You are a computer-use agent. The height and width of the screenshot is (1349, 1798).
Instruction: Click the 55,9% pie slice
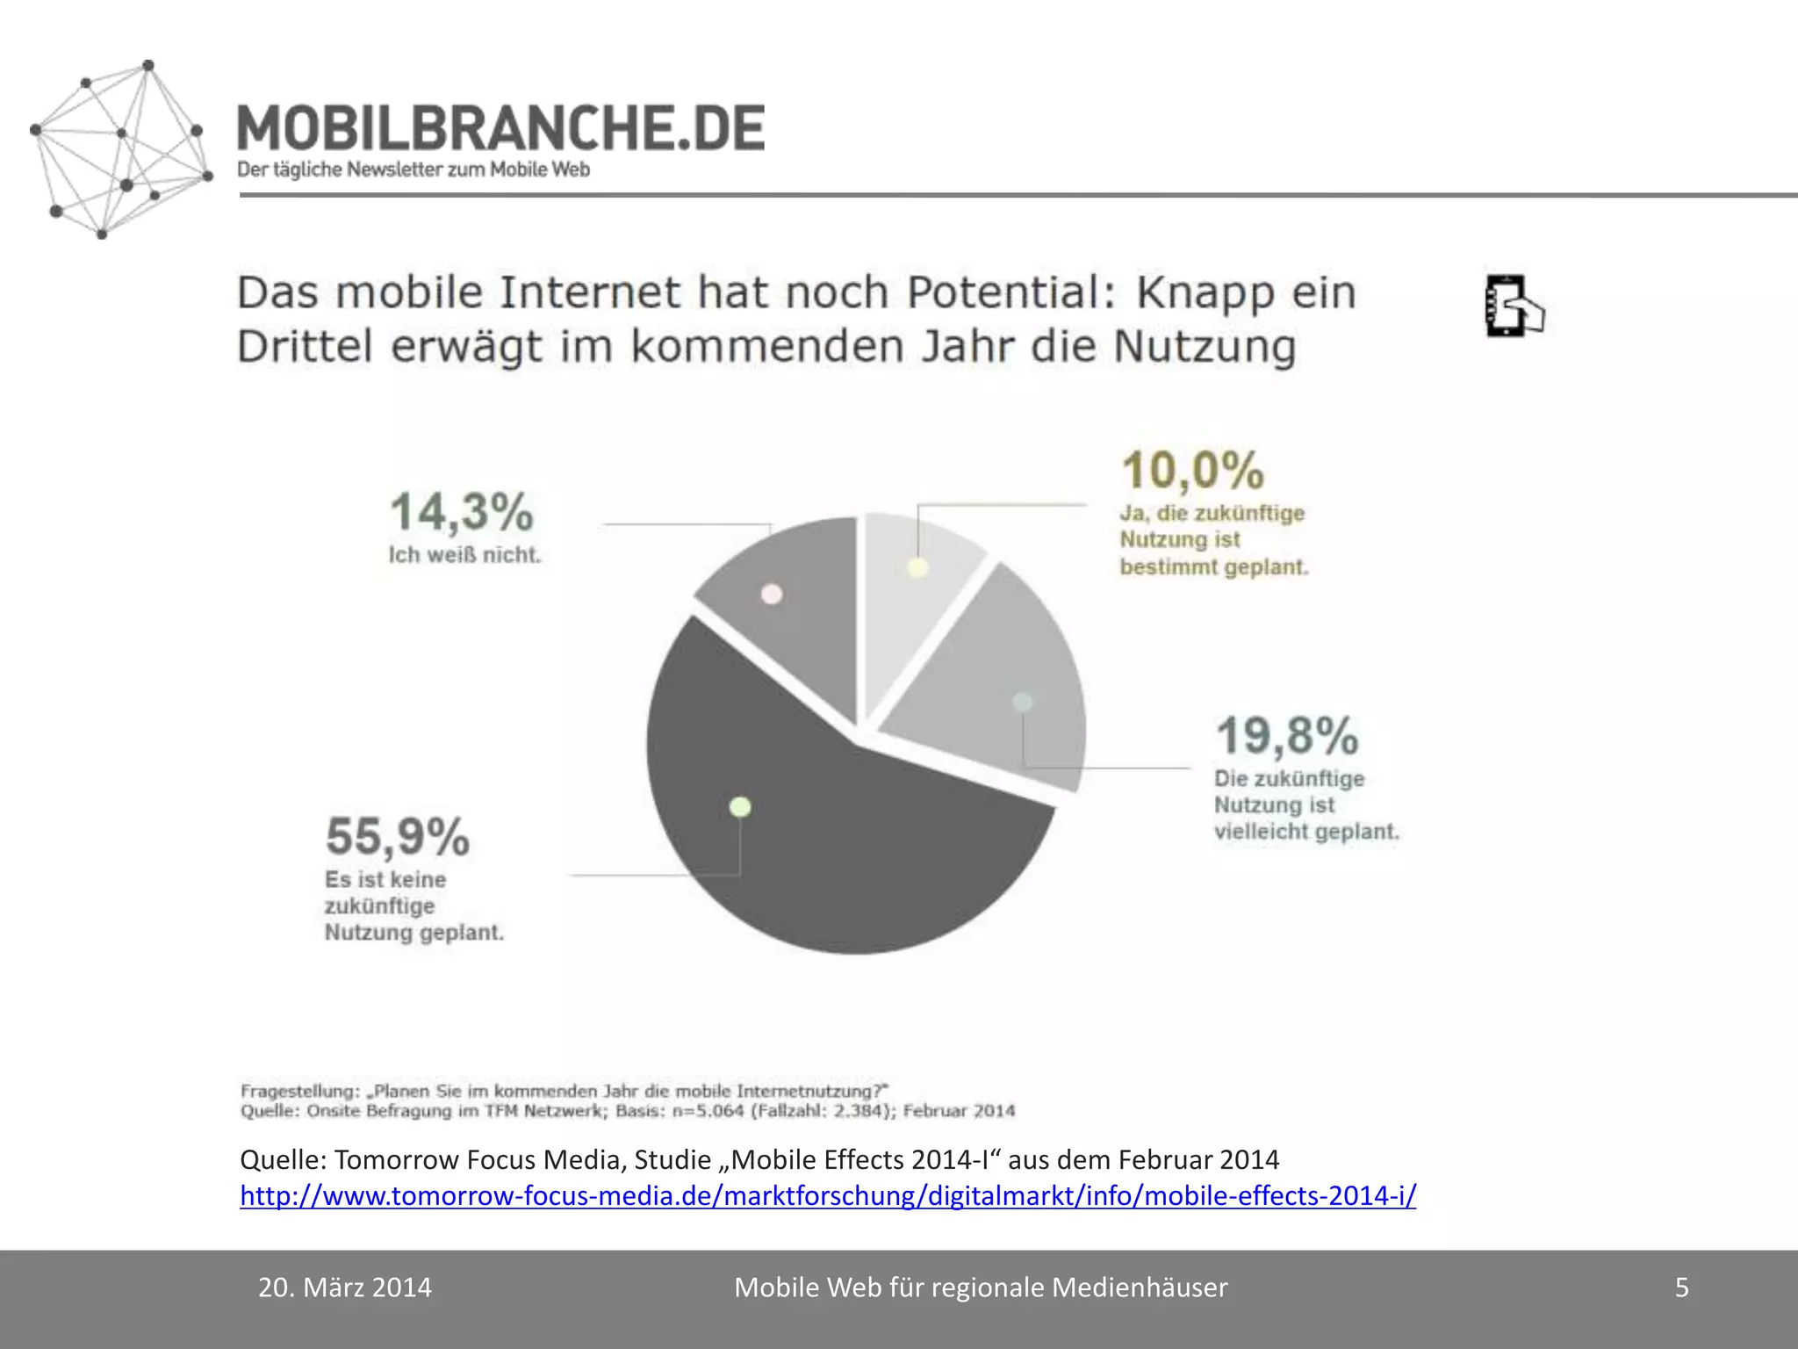[x=816, y=843]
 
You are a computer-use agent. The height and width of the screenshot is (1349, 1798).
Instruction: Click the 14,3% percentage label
[x=462, y=512]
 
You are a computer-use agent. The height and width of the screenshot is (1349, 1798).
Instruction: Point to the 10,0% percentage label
[x=1193, y=471]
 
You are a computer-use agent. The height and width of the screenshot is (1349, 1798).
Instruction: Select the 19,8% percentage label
[x=1287, y=736]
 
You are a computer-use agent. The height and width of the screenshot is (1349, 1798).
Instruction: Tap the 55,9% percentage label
[x=398, y=836]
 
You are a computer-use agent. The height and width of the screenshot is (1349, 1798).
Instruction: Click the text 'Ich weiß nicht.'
[x=464, y=555]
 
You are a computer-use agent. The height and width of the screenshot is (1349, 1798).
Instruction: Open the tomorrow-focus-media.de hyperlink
[x=828, y=1196]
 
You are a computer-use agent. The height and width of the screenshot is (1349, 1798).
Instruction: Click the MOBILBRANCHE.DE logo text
[x=500, y=128]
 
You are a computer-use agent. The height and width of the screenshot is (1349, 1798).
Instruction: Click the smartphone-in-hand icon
[x=1514, y=307]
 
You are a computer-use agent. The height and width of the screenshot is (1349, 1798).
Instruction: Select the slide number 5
[x=1682, y=1288]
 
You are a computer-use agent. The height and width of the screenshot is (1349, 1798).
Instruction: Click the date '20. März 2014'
[x=345, y=1288]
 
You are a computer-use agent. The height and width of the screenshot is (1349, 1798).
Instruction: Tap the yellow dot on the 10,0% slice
[x=917, y=567]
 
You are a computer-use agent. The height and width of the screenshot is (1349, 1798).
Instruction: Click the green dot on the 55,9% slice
[x=740, y=806]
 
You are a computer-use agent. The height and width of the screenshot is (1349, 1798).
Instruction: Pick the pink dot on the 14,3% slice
[x=772, y=595]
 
